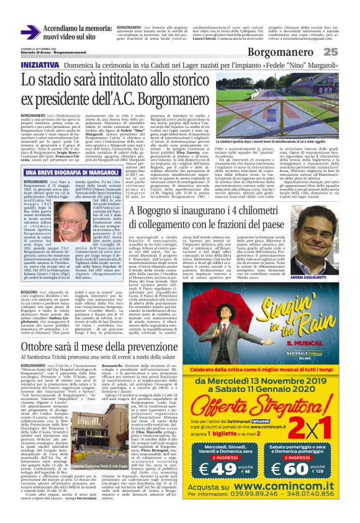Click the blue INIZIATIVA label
pos(40,65)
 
